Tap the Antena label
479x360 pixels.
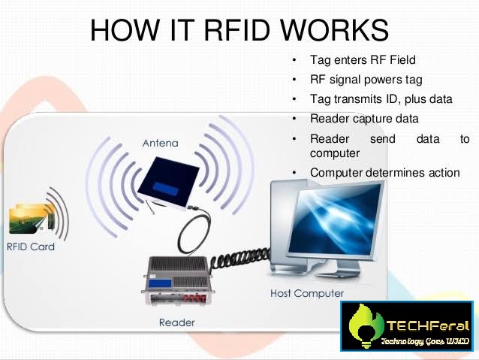pyautogui.click(x=161, y=143)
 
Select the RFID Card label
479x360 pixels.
pyautogui.click(x=30, y=247)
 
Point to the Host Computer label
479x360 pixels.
pyautogui.click(x=306, y=293)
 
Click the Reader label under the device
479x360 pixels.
pyautogui.click(x=177, y=322)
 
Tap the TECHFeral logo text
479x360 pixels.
pyautogui.click(x=427, y=326)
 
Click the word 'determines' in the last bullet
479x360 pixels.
pyautogui.click(x=392, y=173)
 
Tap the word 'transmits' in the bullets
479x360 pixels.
pyautogui.click(x=359, y=99)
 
